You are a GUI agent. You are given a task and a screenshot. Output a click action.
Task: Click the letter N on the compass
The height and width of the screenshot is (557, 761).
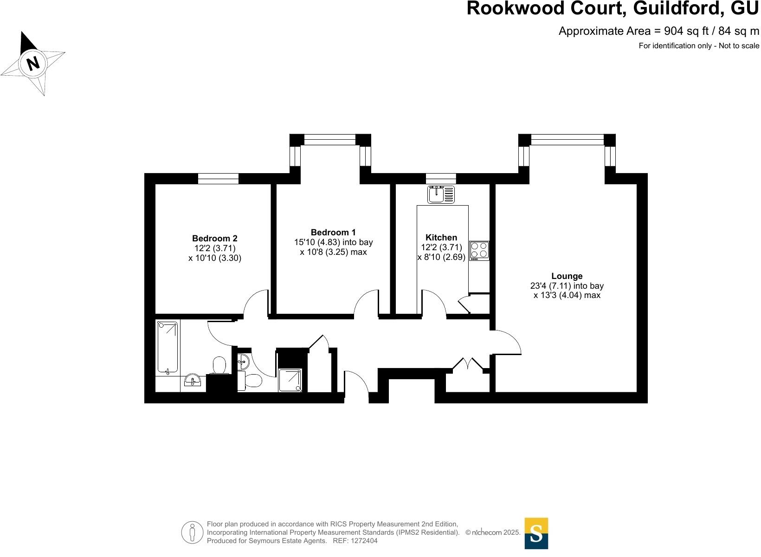pyautogui.click(x=33, y=63)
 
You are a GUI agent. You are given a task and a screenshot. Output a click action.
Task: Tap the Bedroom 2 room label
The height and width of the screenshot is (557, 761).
pyautogui.click(x=215, y=239)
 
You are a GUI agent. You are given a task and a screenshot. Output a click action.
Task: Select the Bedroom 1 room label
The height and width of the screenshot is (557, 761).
pyautogui.click(x=333, y=232)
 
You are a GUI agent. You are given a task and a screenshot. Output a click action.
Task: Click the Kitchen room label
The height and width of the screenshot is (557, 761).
pyautogui.click(x=441, y=237)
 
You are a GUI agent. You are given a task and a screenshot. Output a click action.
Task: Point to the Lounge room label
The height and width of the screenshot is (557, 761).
pyautogui.click(x=567, y=276)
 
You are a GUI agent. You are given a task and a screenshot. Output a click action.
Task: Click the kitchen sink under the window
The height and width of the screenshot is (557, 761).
pyautogui.click(x=441, y=194)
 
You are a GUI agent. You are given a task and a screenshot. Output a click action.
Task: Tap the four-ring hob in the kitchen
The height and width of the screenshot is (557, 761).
pyautogui.click(x=479, y=251)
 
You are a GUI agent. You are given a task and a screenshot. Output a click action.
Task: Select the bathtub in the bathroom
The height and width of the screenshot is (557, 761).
pyautogui.click(x=168, y=347)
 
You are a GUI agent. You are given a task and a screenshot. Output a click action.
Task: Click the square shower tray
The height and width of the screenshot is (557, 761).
pyautogui.click(x=290, y=380)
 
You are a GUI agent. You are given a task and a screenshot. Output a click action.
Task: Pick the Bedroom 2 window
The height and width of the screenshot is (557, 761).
pyautogui.click(x=218, y=178)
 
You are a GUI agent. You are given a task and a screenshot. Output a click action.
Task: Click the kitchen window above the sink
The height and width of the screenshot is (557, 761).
pyautogui.click(x=441, y=178)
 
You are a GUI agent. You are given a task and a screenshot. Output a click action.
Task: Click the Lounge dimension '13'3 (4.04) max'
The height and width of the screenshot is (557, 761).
pyautogui.click(x=567, y=295)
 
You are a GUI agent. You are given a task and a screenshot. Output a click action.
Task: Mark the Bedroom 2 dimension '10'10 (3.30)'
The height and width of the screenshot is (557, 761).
pyautogui.click(x=215, y=258)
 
